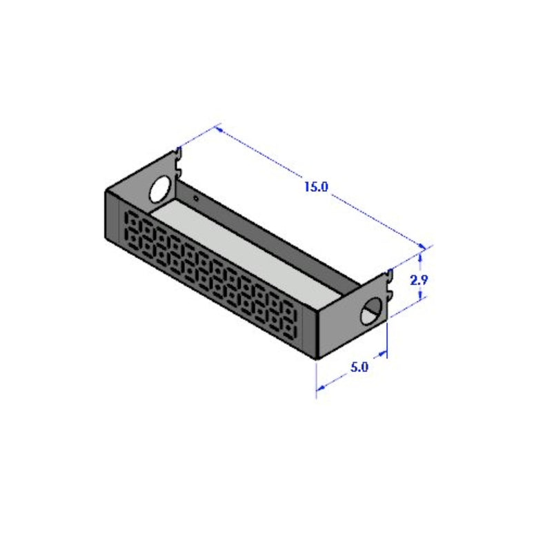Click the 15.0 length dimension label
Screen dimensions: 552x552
(315, 187)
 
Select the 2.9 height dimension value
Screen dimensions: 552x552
(420, 279)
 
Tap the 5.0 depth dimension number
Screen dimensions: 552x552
(359, 367)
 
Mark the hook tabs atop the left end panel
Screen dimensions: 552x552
(179, 160)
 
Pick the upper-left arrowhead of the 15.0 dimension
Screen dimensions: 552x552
(219, 128)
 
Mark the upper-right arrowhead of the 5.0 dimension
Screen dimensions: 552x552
(384, 356)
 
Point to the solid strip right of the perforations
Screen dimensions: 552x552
(310, 331)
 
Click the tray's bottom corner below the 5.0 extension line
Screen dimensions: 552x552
(316, 358)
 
